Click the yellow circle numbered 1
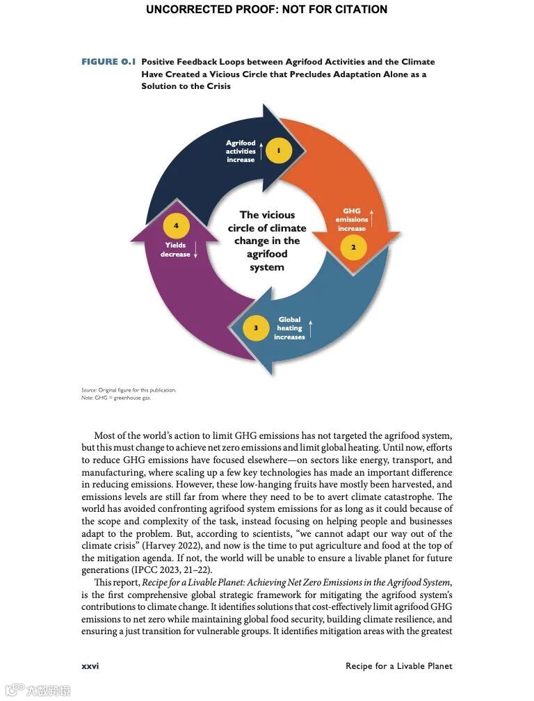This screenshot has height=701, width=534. (279, 150)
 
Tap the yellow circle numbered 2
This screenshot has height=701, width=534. (353, 248)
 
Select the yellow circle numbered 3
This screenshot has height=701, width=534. (256, 328)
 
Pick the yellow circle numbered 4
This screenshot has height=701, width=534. (176, 225)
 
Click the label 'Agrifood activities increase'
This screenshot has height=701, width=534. (241, 151)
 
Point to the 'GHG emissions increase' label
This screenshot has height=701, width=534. (352, 220)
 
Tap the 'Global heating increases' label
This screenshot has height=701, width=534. (289, 328)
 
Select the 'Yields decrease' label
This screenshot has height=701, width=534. (175, 250)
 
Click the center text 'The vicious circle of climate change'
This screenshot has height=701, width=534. (267, 241)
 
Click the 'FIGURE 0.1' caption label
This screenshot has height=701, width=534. (108, 62)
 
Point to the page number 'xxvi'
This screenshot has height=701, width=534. (90, 666)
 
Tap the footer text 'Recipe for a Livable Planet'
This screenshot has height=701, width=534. (398, 666)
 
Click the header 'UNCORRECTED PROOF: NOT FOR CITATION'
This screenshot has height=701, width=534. (267, 10)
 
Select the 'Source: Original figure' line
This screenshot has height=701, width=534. (129, 389)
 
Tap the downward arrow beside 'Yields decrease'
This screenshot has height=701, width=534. (195, 250)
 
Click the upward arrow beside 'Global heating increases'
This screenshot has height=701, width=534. (311, 328)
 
